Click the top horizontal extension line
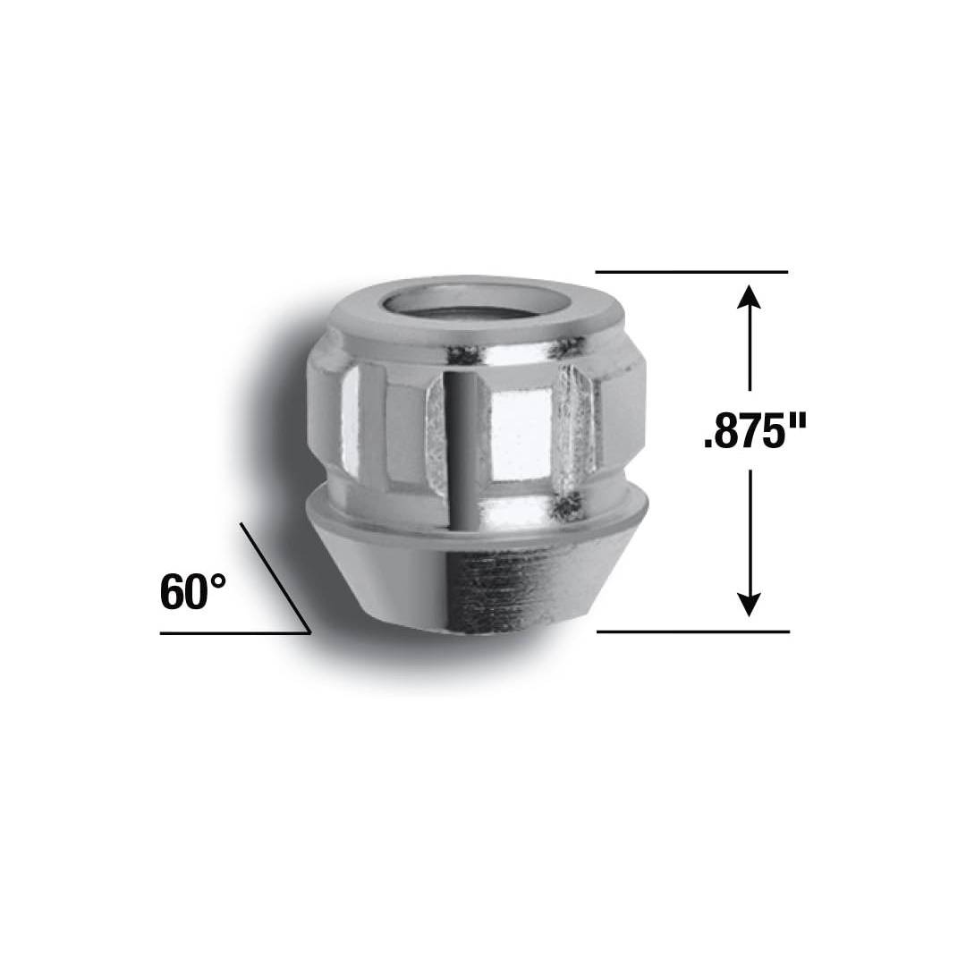[691, 271]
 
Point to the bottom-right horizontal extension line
[692, 631]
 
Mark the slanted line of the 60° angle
[275, 578]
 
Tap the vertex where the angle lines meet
[309, 633]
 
